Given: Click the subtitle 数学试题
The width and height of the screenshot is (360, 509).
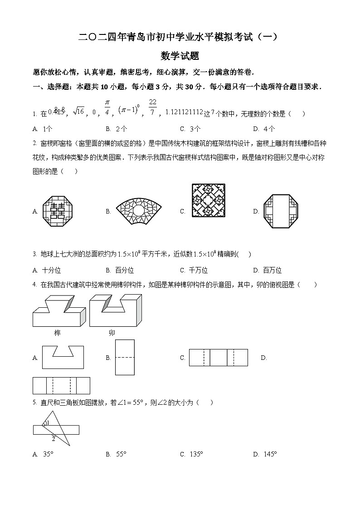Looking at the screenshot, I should pos(180,56).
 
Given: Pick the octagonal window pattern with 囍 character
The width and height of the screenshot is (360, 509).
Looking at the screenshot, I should pos(57,211).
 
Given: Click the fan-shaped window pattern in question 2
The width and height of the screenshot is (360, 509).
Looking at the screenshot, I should pos(139,211).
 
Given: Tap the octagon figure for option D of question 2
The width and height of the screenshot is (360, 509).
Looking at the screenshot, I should pos(282,211).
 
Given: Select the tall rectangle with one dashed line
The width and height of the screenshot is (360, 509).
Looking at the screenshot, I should pos(125,357).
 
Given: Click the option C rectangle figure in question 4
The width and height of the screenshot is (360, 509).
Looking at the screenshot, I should pos(218,358).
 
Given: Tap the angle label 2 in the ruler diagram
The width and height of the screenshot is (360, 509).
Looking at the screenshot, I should pos(53,439).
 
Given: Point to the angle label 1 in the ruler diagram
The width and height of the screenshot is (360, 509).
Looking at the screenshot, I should pos(48,423).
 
